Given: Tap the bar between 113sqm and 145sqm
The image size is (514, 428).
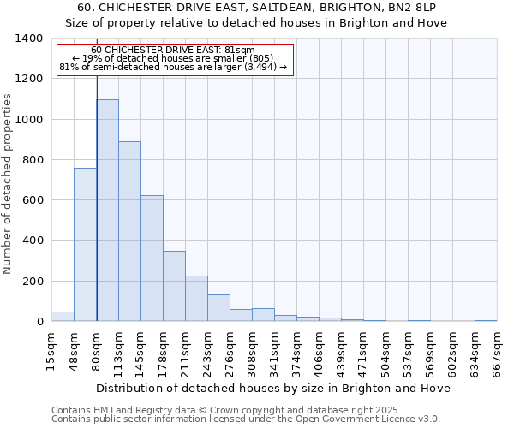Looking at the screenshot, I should (129, 231).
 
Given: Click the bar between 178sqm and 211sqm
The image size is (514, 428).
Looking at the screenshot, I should (174, 286).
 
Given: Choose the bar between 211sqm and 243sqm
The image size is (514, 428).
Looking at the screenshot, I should (196, 299).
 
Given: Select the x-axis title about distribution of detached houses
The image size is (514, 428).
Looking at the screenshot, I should (274, 388).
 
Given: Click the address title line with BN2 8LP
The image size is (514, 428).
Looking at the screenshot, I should (256, 8).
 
